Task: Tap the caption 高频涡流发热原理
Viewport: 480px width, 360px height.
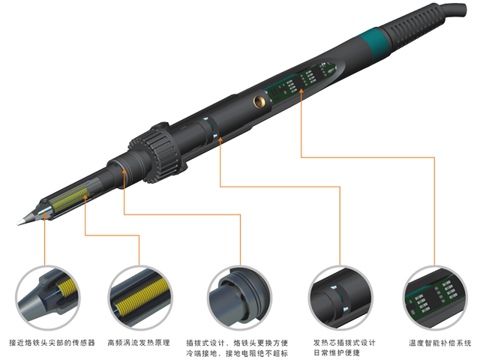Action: [143, 342]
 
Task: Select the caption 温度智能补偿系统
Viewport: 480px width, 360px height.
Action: [439, 342]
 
